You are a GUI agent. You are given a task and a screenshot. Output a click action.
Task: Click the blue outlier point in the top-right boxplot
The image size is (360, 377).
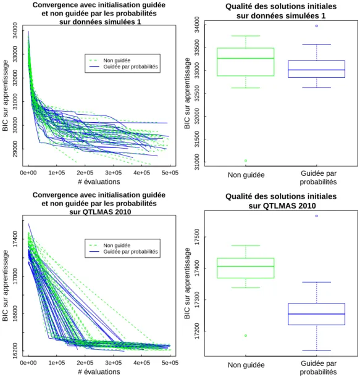click(x=316, y=26)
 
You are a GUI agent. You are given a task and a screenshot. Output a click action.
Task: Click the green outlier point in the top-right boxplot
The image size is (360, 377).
click(x=246, y=160)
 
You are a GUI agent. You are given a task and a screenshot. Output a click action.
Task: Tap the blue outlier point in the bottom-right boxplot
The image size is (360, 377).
click(x=316, y=216)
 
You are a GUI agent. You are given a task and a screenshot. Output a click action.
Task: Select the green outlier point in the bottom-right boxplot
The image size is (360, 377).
click(x=246, y=336)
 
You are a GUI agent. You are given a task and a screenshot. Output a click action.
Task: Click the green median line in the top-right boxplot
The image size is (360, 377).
click(x=246, y=58)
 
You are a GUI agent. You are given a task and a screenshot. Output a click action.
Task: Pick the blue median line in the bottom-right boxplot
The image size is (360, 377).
click(x=316, y=314)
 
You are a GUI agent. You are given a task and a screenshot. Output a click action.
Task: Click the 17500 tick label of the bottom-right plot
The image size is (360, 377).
click(x=197, y=237)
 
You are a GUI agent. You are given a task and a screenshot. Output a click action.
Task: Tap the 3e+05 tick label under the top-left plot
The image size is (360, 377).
click(x=114, y=173)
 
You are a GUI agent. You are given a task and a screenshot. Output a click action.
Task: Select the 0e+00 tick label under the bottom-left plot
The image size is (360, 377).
click(x=28, y=363)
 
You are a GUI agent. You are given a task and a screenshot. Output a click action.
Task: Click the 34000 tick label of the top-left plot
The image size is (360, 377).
click(x=15, y=30)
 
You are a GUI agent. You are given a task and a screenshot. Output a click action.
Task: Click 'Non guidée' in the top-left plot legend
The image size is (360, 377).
click(x=117, y=60)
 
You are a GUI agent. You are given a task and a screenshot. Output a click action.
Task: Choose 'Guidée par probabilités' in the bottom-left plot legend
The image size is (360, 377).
click(x=130, y=252)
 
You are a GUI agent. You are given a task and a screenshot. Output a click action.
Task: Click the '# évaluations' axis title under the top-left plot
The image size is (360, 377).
click(x=99, y=182)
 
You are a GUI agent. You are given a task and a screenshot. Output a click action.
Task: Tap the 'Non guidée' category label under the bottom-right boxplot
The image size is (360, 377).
click(x=246, y=365)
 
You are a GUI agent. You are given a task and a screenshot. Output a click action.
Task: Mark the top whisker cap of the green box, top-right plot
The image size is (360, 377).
click(x=246, y=36)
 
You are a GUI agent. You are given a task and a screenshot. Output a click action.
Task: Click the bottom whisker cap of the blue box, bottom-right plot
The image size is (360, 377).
click(x=316, y=351)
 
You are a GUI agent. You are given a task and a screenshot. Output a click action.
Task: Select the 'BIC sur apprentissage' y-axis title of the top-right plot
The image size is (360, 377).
click(x=187, y=93)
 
